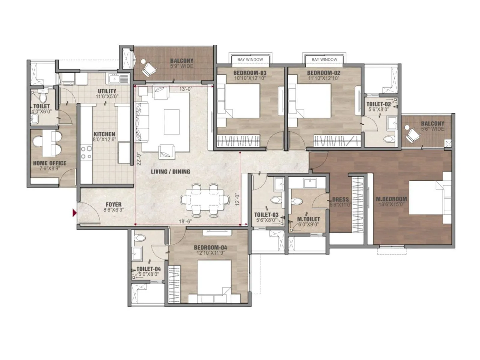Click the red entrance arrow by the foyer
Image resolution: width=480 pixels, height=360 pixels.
[74, 213]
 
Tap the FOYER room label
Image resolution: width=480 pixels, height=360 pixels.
[113, 205]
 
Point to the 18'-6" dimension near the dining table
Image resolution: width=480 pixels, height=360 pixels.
[185, 221]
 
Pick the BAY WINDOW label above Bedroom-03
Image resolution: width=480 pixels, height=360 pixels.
[250, 59]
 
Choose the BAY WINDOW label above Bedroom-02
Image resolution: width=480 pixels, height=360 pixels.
[324, 59]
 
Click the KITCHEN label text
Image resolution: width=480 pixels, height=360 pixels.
[104, 134]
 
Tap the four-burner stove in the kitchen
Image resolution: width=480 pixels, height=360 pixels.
[86, 152]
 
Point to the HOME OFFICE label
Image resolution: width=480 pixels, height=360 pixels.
[49, 163]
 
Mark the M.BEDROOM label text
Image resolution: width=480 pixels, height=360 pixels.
[391, 199]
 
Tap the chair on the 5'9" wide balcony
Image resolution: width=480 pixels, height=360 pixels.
[148, 68]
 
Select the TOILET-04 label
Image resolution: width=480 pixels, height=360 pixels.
[148, 269]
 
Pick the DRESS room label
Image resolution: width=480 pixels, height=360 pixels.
[340, 199]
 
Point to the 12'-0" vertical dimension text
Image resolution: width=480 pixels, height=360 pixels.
[237, 199]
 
